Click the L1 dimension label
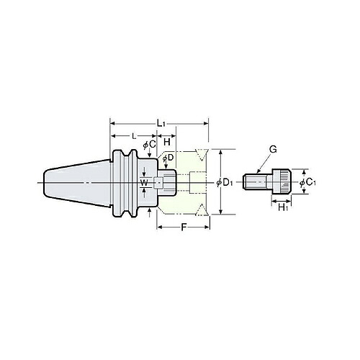161,124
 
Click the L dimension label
134,136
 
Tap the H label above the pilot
167,142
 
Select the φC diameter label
150,145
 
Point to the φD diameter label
168,158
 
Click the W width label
144,183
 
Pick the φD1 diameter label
225,183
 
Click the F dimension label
184,227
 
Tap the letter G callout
273,150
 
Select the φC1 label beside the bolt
307,183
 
